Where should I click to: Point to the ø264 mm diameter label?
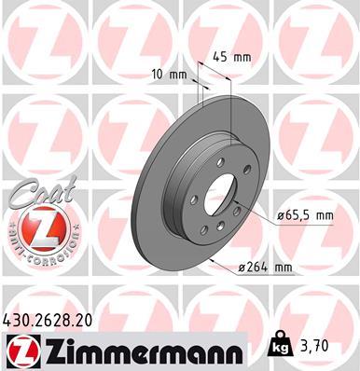tap(266, 268)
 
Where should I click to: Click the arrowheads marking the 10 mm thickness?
tap(200, 85)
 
